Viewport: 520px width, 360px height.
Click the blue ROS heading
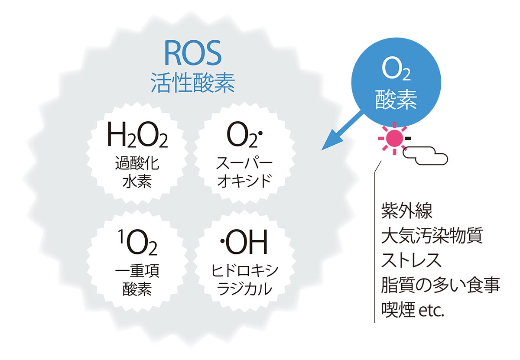(x=193, y=53)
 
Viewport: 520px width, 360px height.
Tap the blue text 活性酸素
(x=193, y=83)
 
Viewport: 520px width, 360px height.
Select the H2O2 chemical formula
(x=137, y=135)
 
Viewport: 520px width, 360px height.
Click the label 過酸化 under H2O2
(x=137, y=163)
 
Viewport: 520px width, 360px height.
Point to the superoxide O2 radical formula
(x=244, y=135)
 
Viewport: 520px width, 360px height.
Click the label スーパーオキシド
(x=244, y=172)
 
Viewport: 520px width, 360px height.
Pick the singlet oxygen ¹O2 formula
(x=137, y=243)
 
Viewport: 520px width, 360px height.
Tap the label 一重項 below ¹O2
(x=137, y=271)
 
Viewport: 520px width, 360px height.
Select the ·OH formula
(x=244, y=242)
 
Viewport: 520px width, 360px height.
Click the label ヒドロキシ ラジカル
(x=245, y=280)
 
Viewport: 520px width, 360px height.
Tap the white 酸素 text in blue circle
(x=396, y=100)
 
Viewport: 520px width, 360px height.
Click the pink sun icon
(x=394, y=138)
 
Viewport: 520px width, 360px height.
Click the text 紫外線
(x=407, y=211)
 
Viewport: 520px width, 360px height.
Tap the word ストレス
(x=411, y=260)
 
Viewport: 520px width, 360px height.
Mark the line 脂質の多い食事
(x=441, y=285)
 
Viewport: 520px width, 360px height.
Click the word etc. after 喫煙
(x=432, y=310)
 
